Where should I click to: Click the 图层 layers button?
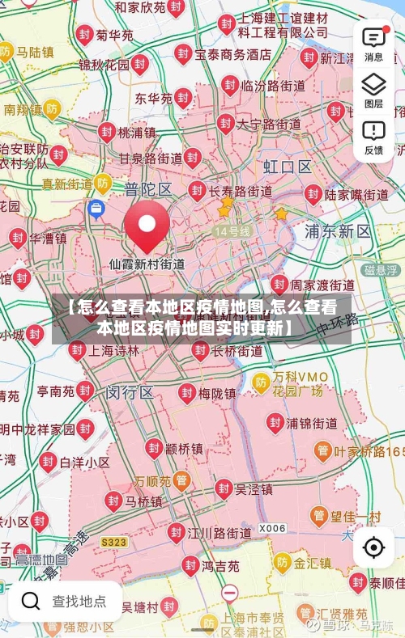[373, 89]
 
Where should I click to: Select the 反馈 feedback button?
[373, 136]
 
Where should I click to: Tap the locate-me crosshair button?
[373, 547]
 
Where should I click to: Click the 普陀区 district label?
[148, 189]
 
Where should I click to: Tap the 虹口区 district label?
[288, 167]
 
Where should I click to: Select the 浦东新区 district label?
[338, 231]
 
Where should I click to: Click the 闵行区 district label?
[130, 393]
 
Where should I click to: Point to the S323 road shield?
[113, 541]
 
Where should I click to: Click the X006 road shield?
[272, 528]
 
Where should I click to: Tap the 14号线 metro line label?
[232, 231]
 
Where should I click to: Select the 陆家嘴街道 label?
[356, 194]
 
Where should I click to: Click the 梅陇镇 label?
[217, 394]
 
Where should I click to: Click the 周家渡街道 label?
[322, 285]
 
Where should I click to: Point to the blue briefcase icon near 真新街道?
[96, 209]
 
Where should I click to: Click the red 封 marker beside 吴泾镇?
[223, 488]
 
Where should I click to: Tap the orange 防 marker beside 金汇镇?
[282, 561]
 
